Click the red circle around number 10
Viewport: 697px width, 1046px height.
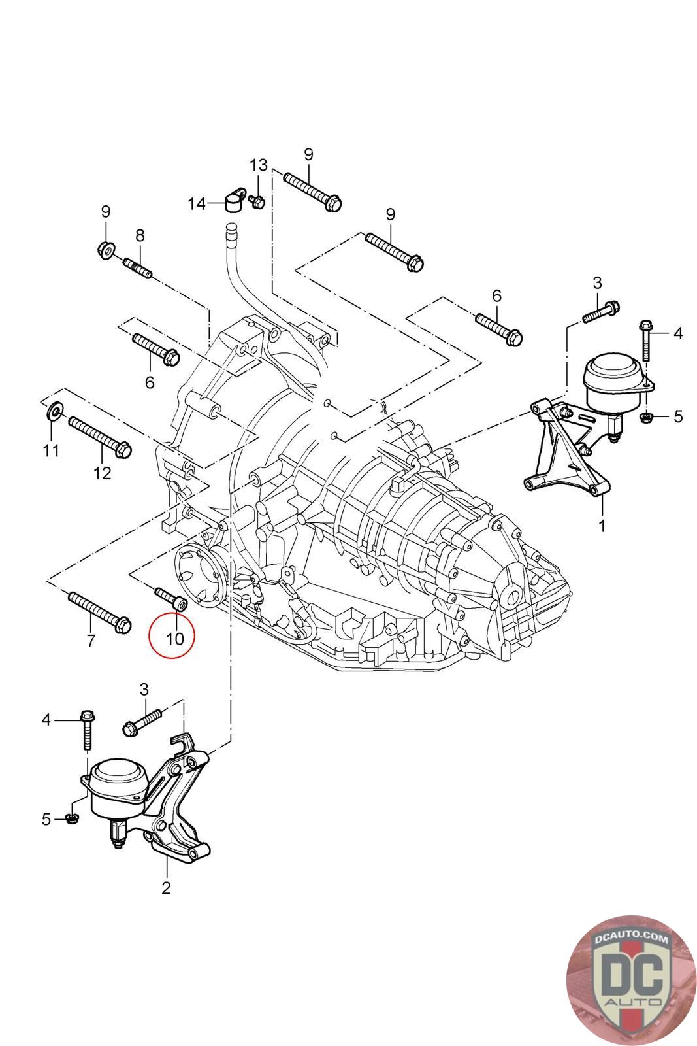pos(171,634)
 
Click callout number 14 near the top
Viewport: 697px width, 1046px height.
pos(197,204)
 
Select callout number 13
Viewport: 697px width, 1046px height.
pos(259,163)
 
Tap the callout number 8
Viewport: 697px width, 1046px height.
pos(140,236)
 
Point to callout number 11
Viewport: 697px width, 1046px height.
pos(51,450)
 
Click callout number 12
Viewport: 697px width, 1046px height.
pos(103,473)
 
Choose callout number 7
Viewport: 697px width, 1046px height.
pos(90,641)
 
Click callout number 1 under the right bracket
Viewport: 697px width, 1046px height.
pos(602,525)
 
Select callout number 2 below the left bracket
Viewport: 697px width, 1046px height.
pos(166,887)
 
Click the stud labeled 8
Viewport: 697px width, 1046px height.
pos(138,268)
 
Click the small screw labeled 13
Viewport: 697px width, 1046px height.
pos(257,202)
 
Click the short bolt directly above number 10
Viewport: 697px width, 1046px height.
pos(171,599)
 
